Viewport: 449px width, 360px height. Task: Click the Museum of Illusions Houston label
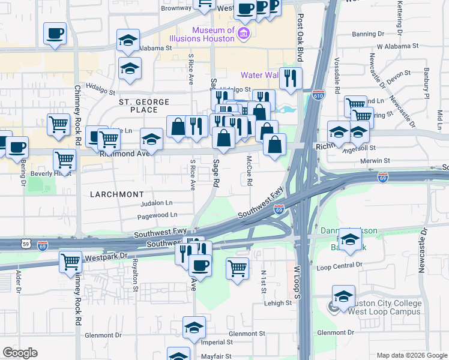click(x=213, y=34)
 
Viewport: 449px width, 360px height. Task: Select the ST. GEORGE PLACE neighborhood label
click(x=144, y=106)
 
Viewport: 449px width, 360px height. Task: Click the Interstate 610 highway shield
click(x=318, y=95)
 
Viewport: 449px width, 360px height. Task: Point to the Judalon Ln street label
click(x=156, y=202)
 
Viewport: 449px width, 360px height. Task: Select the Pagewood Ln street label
click(x=158, y=214)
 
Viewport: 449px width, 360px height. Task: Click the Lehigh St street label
click(x=278, y=303)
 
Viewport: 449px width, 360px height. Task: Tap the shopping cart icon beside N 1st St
click(x=238, y=268)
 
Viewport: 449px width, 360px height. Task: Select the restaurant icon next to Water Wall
click(x=291, y=78)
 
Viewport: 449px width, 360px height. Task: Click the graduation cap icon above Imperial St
click(x=194, y=328)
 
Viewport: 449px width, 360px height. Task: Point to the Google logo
click(x=20, y=353)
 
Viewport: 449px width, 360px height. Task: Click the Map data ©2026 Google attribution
click(x=412, y=355)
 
